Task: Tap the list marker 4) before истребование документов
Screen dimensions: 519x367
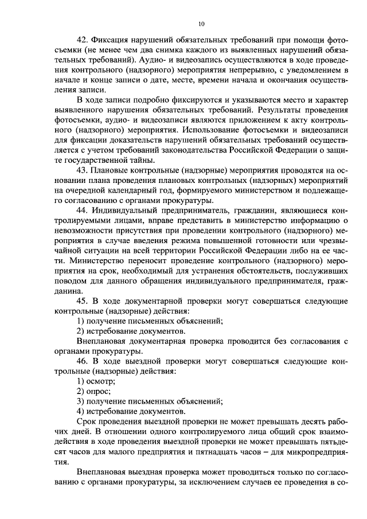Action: tap(81, 411)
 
